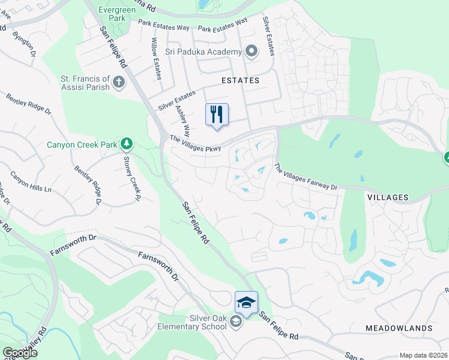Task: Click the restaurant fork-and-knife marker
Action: pos(217,114)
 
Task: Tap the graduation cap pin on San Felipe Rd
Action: pos(246,302)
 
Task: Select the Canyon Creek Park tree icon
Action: pos(126,144)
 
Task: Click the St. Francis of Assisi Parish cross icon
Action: pos(119,82)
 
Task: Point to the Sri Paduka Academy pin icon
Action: pos(252,52)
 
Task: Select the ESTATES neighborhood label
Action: pos(240,80)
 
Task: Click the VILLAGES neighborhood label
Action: pos(387,197)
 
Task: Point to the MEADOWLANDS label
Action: pos(399,328)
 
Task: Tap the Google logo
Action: pos(20,353)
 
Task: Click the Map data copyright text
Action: pos(423,355)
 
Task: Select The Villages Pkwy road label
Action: pos(196,143)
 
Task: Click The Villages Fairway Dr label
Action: pos(306,178)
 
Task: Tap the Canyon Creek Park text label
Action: pos(83,145)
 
